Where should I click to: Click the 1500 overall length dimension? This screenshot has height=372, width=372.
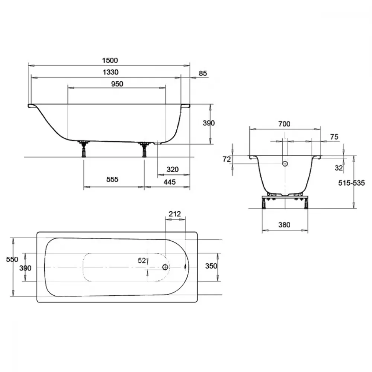(x=110, y=61)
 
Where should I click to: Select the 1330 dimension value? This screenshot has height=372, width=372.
(x=110, y=72)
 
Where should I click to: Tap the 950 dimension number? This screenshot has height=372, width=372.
(x=117, y=84)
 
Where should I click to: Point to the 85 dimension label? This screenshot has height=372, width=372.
(x=203, y=73)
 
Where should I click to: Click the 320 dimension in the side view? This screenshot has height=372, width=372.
(x=173, y=169)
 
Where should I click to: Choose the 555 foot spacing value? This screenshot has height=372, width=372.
(x=112, y=179)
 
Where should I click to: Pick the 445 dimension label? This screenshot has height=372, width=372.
(x=170, y=182)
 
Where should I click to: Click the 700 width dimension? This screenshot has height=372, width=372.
(x=284, y=124)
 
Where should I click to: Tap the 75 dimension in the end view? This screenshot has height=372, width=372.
(x=334, y=137)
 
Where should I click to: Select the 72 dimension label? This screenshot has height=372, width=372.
(x=227, y=159)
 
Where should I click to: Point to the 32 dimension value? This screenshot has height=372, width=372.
(x=339, y=168)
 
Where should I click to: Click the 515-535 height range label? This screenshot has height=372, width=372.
(x=352, y=183)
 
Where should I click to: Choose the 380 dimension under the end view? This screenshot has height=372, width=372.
(x=284, y=225)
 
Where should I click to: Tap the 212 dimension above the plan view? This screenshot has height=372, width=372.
(x=175, y=214)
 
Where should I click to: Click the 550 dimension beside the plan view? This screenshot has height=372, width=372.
(x=12, y=259)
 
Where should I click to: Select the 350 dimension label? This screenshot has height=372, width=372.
(x=211, y=266)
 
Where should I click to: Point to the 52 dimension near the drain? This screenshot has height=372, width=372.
(x=142, y=260)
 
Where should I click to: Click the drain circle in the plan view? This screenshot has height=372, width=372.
(x=166, y=267)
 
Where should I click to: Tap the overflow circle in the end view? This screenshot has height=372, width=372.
(x=285, y=163)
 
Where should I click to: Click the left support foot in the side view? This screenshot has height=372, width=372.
(x=83, y=149)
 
